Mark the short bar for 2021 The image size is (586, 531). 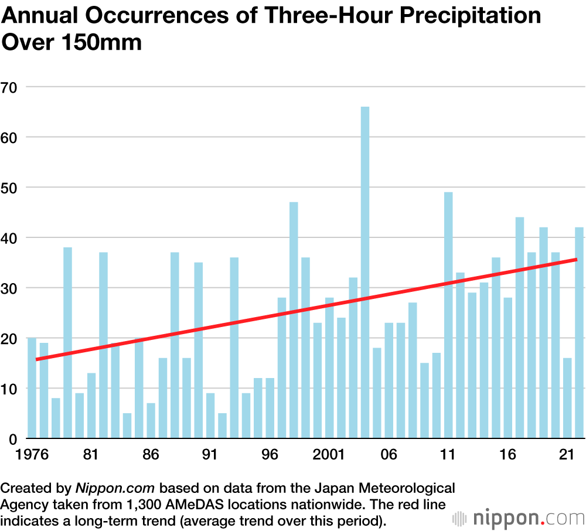coord(567,399)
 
